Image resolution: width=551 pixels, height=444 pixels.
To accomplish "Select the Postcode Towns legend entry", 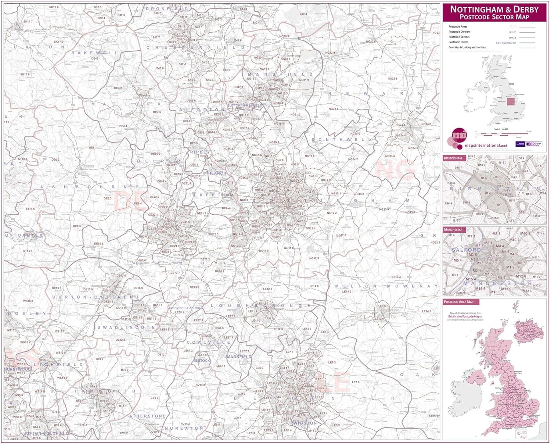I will point(458,42).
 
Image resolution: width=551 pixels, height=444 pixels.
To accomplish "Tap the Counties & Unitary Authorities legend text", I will point(467,47).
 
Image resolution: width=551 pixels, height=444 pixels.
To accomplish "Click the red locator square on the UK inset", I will point(511,102).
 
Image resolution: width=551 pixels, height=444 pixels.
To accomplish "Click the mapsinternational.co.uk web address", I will point(486,146).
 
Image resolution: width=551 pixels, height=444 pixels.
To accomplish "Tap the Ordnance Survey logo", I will point(534,144).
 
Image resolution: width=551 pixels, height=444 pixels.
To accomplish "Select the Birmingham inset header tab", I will point(453,158).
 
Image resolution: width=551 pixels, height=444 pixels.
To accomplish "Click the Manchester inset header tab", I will point(453,229).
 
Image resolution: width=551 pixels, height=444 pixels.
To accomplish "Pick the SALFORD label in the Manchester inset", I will point(466,250).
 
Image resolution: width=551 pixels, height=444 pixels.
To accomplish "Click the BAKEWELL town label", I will point(94,53).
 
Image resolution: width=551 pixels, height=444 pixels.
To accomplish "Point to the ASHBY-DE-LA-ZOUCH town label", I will point(184,308).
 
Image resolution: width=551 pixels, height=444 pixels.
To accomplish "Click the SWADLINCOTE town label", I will point(127,327).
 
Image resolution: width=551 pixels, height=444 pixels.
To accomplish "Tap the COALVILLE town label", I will point(209,342).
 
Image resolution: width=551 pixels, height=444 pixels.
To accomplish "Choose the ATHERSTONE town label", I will point(147,416).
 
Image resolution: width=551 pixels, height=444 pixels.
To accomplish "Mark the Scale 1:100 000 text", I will point(501,129).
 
